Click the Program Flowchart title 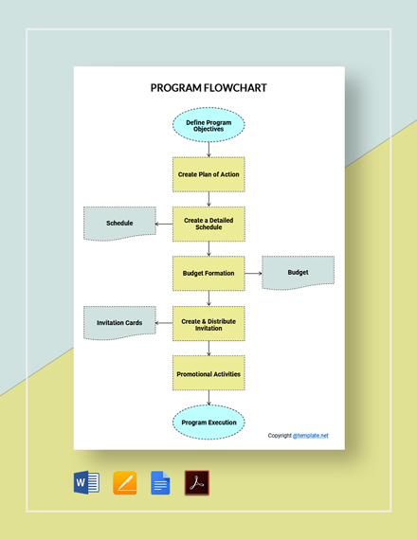(208, 88)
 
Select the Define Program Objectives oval (208, 125)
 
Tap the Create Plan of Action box (208, 174)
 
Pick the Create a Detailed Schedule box (208, 224)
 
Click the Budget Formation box (208, 273)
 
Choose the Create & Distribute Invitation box (208, 323)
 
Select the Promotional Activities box (208, 373)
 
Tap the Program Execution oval (208, 423)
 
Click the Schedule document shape (119, 224)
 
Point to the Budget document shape (299, 273)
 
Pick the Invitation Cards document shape (119, 323)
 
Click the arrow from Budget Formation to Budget (253, 273)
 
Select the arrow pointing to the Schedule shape (164, 224)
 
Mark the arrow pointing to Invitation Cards (164, 323)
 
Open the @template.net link (311, 436)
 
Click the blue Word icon (86, 483)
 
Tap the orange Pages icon (125, 483)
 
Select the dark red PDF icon (197, 483)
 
